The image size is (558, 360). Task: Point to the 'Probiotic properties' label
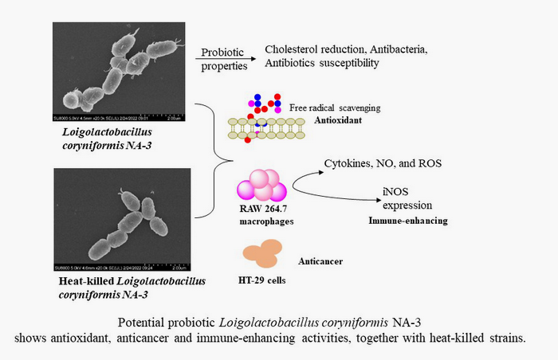tap(225, 57)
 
